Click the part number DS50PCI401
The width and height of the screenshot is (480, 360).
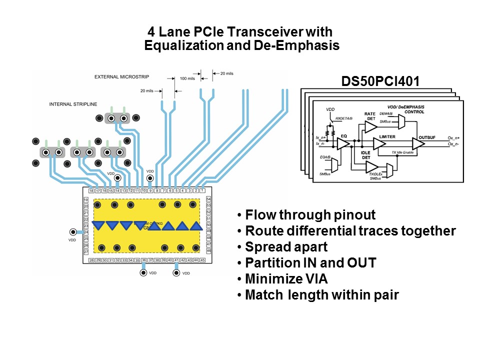tap(380, 81)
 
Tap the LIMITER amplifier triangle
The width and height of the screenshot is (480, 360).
tap(379, 144)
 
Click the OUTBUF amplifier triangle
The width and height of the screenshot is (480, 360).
tap(418, 144)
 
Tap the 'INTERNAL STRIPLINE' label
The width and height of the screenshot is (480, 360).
tap(73, 104)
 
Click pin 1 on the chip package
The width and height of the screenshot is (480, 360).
tap(202, 190)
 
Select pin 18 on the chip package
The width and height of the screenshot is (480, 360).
tap(91, 190)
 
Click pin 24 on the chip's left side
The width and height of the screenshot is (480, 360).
tap(85, 232)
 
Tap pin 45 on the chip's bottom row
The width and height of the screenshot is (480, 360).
tap(202, 260)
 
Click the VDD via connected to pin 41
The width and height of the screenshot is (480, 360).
tap(176, 273)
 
